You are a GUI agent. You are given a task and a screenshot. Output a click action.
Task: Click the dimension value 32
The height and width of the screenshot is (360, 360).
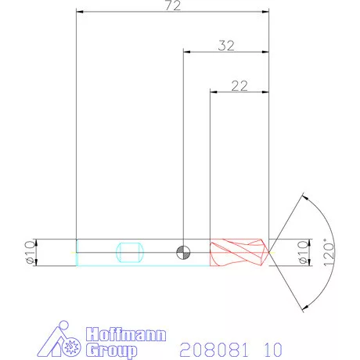[x=226, y=45]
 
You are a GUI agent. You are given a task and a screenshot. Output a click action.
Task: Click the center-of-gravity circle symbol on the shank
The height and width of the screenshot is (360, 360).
[x=183, y=251]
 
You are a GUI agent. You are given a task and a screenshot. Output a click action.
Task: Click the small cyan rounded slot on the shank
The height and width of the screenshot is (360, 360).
[x=128, y=252]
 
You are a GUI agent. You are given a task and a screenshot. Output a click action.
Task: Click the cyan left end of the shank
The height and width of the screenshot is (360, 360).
[x=77, y=252]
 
